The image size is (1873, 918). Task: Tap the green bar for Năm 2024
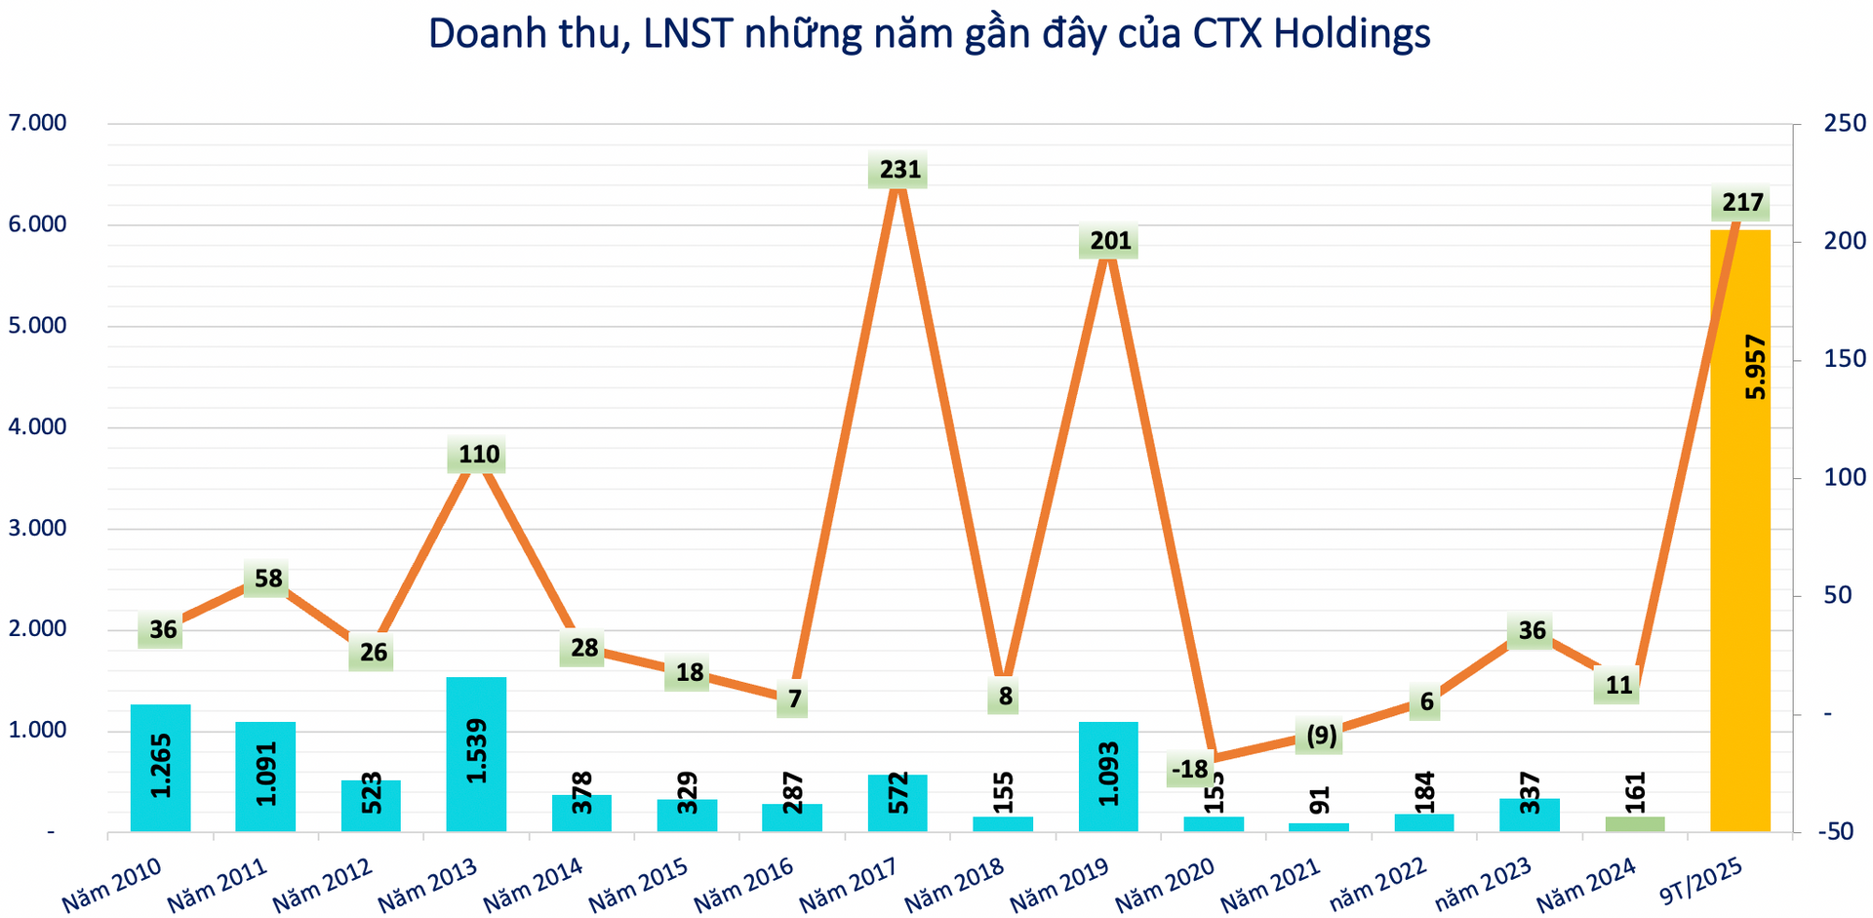click(x=1635, y=824)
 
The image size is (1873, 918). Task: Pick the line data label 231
click(x=898, y=171)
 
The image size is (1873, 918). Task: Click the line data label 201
click(x=1109, y=240)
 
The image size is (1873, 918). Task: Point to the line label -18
click(x=1189, y=770)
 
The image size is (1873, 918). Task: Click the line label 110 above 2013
click(x=478, y=455)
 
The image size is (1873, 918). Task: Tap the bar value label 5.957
click(x=1755, y=367)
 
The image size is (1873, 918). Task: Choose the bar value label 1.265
click(x=161, y=765)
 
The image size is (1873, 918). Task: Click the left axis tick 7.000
click(x=37, y=124)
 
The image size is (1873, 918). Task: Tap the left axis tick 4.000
click(x=37, y=427)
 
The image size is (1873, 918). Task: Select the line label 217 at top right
click(x=1741, y=203)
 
